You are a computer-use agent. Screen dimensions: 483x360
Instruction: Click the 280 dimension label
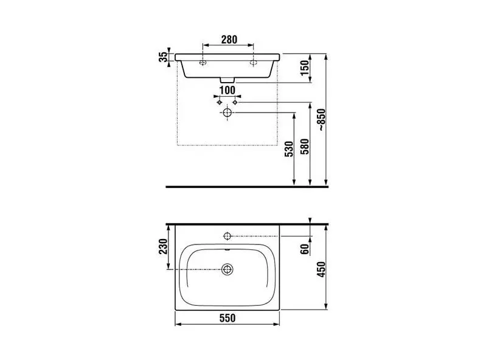click(229, 40)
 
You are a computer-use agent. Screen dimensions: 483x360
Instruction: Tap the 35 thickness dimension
click(163, 57)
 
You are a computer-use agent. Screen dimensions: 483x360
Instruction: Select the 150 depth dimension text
click(304, 68)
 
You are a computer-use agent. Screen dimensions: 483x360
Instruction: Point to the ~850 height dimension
click(322, 120)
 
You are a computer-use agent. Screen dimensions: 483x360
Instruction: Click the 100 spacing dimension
click(228, 91)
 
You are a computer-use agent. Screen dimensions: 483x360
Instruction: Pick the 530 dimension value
click(289, 149)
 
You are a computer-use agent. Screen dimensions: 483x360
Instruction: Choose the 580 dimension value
click(305, 147)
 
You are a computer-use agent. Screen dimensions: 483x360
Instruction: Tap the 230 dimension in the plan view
click(163, 246)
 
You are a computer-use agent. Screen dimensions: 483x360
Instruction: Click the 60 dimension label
click(305, 249)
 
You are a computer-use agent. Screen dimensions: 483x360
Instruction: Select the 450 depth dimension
click(321, 269)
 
